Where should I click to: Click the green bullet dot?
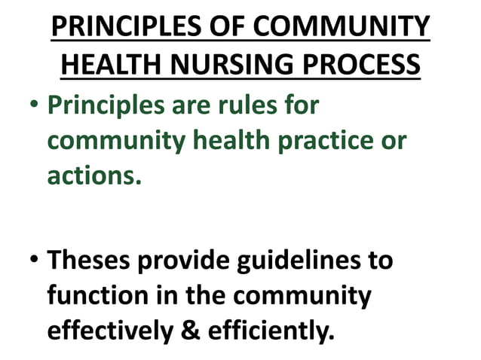coord(32,105)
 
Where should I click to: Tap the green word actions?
coord(95,175)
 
